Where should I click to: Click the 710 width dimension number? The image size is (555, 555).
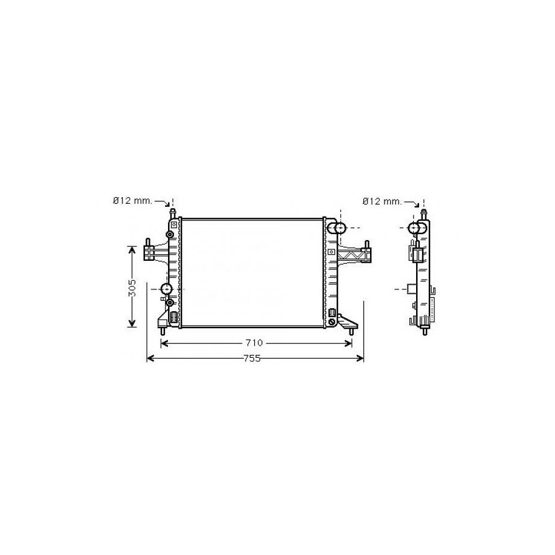[x=254, y=343]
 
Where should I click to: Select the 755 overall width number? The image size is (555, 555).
[x=252, y=358]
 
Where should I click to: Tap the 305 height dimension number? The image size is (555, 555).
[x=132, y=288]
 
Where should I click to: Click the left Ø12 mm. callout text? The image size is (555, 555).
[x=133, y=201]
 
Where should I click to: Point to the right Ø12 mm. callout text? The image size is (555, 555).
[x=382, y=201]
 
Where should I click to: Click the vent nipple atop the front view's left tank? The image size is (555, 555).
[x=172, y=214]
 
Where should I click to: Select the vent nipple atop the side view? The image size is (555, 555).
[x=423, y=214]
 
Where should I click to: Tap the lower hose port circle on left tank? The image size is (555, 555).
[x=166, y=289]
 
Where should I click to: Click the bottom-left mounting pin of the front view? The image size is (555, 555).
[x=163, y=331]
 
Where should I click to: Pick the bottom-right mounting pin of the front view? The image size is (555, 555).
[x=351, y=331]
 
